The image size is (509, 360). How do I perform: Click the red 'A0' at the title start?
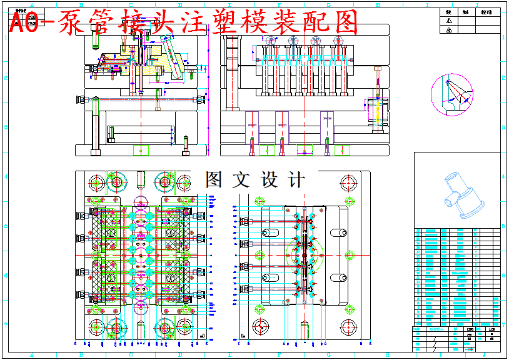(26, 24)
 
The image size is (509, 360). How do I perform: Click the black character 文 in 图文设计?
(241, 180)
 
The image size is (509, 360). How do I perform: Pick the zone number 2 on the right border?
(503, 78)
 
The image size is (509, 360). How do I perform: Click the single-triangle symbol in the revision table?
(448, 21)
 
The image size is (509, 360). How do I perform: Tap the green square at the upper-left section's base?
(142, 150)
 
